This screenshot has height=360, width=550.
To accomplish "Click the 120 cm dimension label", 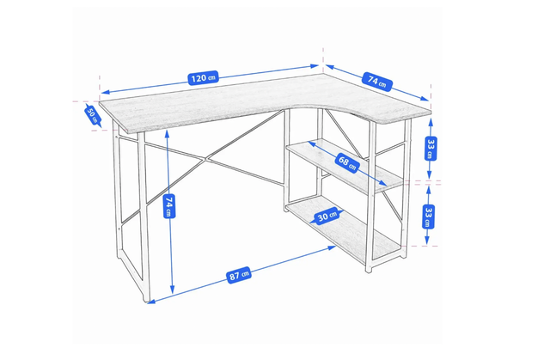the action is [x=204, y=78].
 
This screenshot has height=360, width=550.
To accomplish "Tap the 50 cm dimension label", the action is [x=92, y=114].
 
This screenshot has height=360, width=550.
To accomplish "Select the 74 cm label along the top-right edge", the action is [x=377, y=82].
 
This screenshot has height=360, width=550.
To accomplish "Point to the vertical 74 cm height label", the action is [x=169, y=206].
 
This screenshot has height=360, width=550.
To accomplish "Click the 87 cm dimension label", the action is [x=239, y=275].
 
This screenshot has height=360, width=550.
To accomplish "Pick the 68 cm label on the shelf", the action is [x=347, y=162].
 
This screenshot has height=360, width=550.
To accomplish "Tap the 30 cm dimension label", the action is [x=327, y=217].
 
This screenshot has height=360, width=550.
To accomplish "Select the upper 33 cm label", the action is [x=431, y=149].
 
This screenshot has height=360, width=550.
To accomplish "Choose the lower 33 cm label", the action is [x=428, y=217].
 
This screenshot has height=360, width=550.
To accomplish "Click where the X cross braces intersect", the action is [x=206, y=160].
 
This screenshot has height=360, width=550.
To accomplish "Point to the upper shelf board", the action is [x=345, y=166].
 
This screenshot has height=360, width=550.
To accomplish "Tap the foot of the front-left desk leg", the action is [x=146, y=299].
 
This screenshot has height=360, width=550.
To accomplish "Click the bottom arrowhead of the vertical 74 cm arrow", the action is [x=172, y=290].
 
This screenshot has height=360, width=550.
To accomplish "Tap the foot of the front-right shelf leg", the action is [x=369, y=270].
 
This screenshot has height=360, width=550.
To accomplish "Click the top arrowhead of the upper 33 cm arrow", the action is [x=431, y=122].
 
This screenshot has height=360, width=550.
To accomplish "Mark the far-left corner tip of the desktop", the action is [x=100, y=102].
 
